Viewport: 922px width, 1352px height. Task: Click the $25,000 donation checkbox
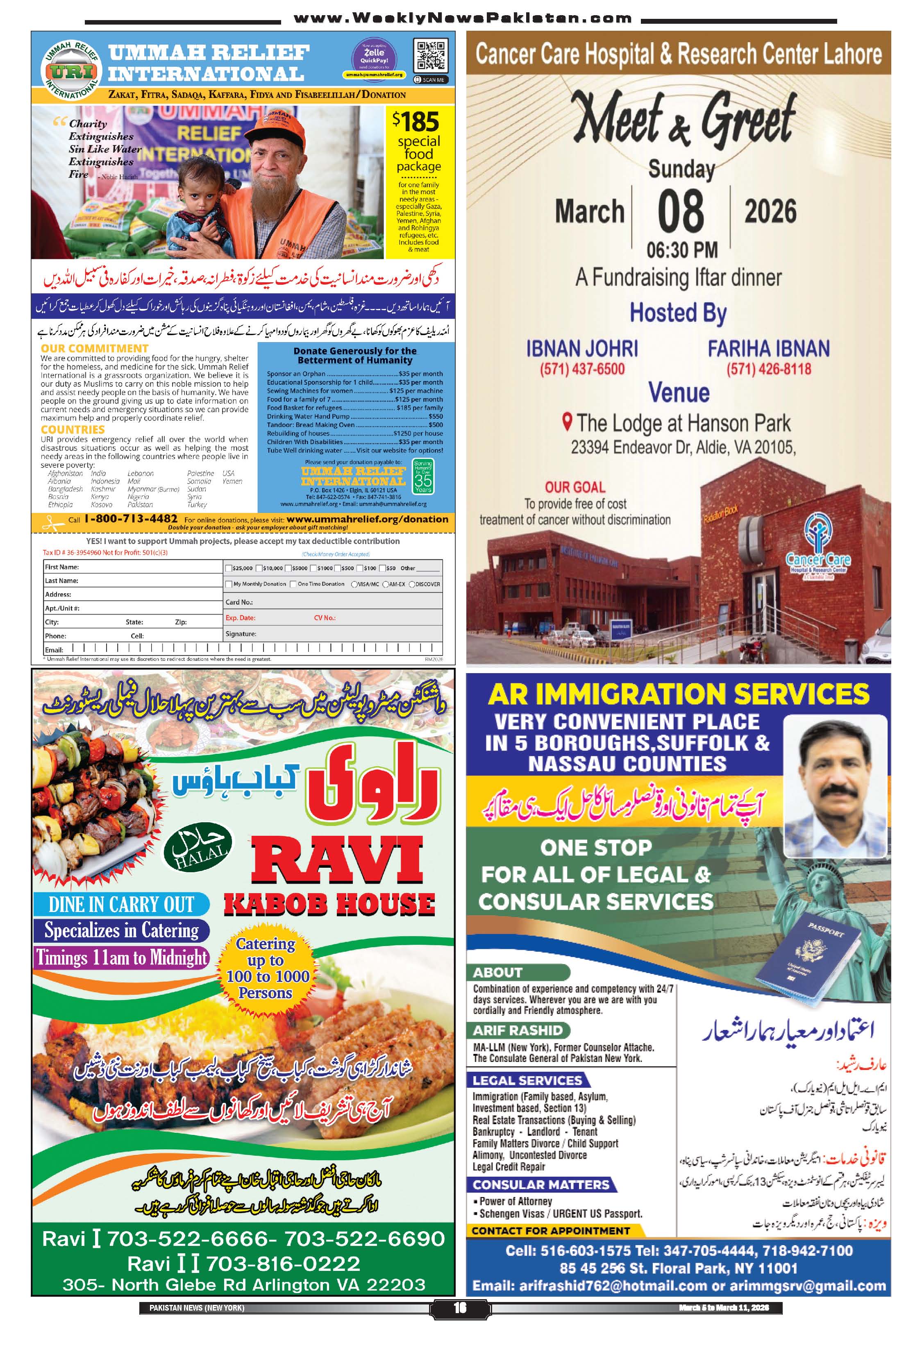click(x=228, y=568)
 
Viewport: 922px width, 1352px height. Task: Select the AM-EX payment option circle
click(x=385, y=584)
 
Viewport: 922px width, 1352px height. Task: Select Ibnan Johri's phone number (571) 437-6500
click(x=582, y=369)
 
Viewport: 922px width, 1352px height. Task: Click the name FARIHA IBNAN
click(x=768, y=349)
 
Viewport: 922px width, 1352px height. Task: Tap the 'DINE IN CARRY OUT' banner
click(x=121, y=905)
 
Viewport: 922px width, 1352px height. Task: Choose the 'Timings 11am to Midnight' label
click(x=121, y=957)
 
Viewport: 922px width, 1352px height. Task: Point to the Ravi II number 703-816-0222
click(x=283, y=1264)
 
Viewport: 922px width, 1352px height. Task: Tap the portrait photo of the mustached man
click(x=835, y=785)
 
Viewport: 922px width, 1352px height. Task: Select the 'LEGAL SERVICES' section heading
click(x=527, y=1080)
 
